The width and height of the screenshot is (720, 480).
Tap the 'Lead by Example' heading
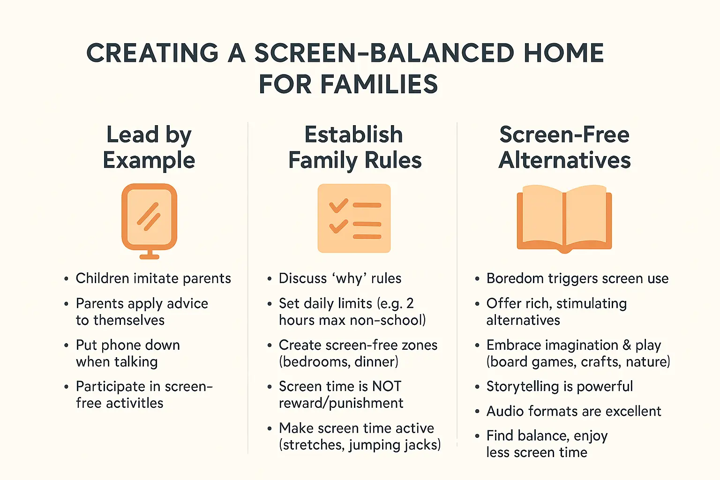[x=149, y=147]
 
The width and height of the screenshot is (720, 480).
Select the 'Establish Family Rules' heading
[x=354, y=147]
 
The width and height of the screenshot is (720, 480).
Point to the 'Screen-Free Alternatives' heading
[x=564, y=147]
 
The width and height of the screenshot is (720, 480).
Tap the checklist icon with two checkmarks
[x=354, y=218]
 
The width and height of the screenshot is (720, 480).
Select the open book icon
[x=564, y=218]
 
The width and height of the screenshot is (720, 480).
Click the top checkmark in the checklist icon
[x=338, y=205]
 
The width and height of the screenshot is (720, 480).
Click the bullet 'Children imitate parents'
[x=153, y=278]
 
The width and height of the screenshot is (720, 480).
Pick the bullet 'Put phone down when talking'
[x=127, y=353]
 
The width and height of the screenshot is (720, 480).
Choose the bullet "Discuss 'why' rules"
[x=340, y=278]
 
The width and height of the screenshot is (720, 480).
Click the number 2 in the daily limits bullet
[x=410, y=304]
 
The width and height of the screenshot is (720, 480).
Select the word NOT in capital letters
[x=386, y=386]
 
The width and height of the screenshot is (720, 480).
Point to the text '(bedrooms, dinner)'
[x=338, y=362]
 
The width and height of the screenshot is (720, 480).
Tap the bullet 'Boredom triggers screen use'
[x=577, y=278]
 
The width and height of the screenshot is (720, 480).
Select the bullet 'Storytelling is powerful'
[x=559, y=386]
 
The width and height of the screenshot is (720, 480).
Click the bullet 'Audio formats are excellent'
[x=573, y=411]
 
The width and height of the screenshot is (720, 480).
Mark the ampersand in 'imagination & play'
[x=627, y=345]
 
